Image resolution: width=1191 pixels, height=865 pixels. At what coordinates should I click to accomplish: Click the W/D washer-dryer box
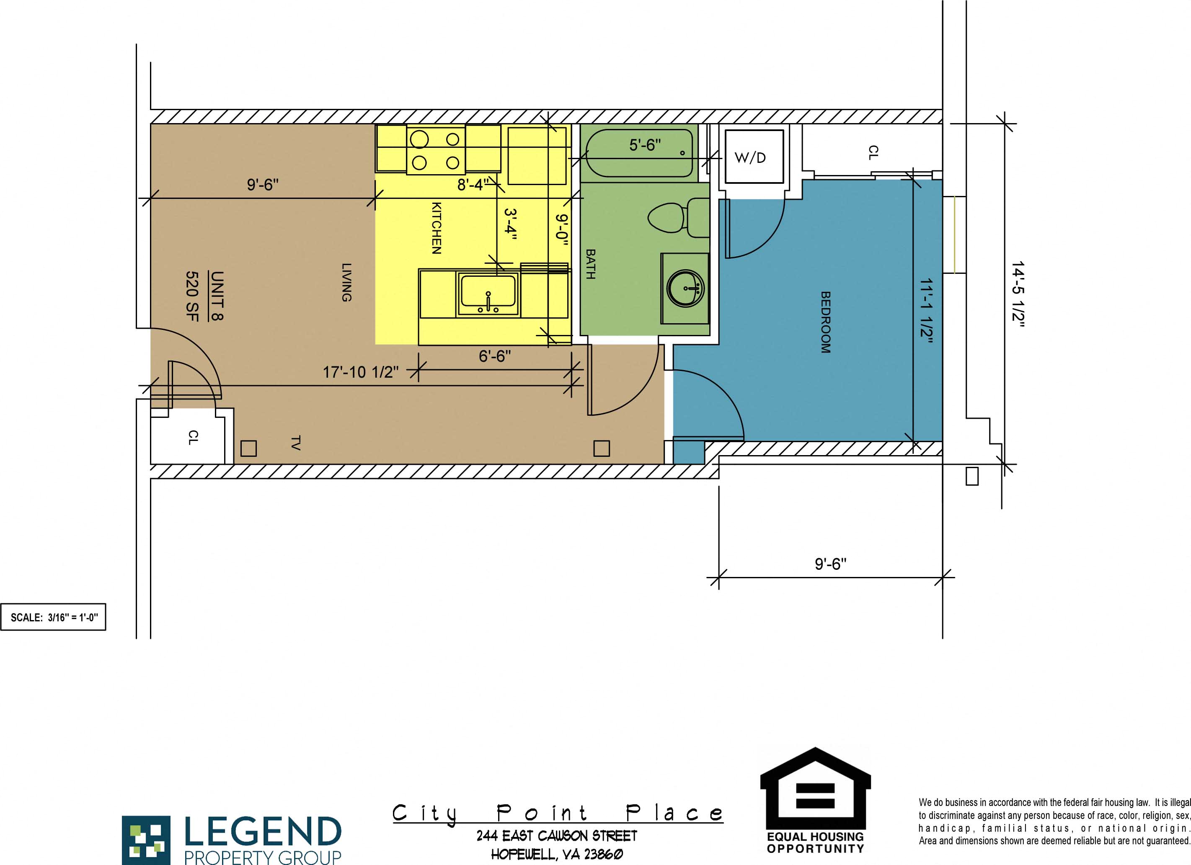(x=754, y=157)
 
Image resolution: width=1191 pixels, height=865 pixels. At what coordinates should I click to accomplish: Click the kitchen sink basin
(x=488, y=291)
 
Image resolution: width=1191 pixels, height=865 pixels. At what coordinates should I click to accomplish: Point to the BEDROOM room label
(x=826, y=322)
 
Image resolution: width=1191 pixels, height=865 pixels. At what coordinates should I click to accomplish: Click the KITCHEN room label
(x=436, y=228)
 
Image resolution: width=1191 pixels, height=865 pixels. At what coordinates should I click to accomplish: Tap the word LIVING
(x=346, y=282)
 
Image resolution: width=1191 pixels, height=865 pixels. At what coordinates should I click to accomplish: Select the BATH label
(x=590, y=264)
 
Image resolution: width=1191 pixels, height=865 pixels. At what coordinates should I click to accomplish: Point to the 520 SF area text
(x=192, y=296)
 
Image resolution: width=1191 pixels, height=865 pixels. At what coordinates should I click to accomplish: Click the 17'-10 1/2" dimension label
(x=361, y=372)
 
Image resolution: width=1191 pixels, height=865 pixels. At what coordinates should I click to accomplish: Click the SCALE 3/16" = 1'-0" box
(x=53, y=617)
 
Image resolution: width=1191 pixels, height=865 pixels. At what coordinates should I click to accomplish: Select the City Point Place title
(x=558, y=813)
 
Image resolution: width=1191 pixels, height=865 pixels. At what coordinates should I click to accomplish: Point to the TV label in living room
(x=295, y=443)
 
